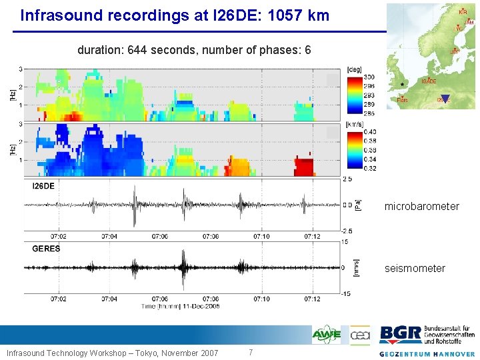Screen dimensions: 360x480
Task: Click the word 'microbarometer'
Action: tap(421, 207)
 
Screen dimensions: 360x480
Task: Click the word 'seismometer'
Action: tap(415, 268)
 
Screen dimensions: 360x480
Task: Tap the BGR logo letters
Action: tap(400, 334)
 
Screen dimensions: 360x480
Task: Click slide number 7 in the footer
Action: tap(250, 352)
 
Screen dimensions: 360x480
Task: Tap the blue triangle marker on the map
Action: tap(446, 99)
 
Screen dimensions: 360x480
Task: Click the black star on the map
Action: tap(403, 84)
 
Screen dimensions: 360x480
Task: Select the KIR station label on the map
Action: tap(463, 11)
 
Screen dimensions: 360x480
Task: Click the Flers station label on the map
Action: tap(403, 100)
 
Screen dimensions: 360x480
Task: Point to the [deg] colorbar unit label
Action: tap(354, 68)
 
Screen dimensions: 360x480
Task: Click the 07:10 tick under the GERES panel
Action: tap(262, 298)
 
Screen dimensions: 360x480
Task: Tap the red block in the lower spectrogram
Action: tap(305, 167)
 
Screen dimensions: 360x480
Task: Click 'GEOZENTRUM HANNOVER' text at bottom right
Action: tap(427, 353)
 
